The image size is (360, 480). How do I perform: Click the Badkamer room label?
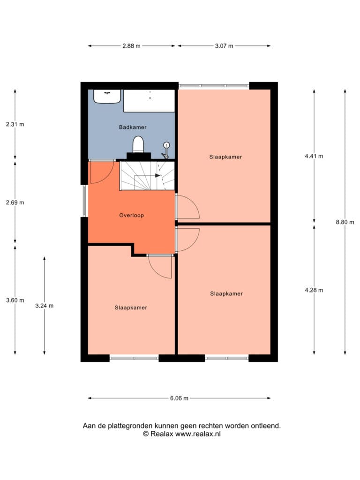tap(133, 127)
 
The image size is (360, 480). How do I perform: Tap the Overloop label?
tap(131, 215)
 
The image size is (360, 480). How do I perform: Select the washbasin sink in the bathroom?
tap(107, 97)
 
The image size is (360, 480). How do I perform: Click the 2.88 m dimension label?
tap(131, 46)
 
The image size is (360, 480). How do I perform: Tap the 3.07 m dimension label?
tap(224, 46)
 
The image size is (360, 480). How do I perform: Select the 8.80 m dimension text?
tap(345, 222)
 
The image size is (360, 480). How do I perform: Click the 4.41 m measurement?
tap(314, 156)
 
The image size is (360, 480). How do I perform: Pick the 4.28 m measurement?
tap(314, 290)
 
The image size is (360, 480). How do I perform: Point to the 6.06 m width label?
tap(180, 398)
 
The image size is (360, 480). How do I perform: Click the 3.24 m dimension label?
tap(45, 306)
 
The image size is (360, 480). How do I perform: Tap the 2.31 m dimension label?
tap(15, 124)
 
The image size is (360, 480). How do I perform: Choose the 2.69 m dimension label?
tap(15, 202)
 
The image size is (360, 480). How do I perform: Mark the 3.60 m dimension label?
tap(15, 300)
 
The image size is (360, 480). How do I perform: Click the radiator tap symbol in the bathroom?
tap(166, 150)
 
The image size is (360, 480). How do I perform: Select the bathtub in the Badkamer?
tap(149, 101)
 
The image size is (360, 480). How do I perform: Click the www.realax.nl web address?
tap(198, 434)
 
